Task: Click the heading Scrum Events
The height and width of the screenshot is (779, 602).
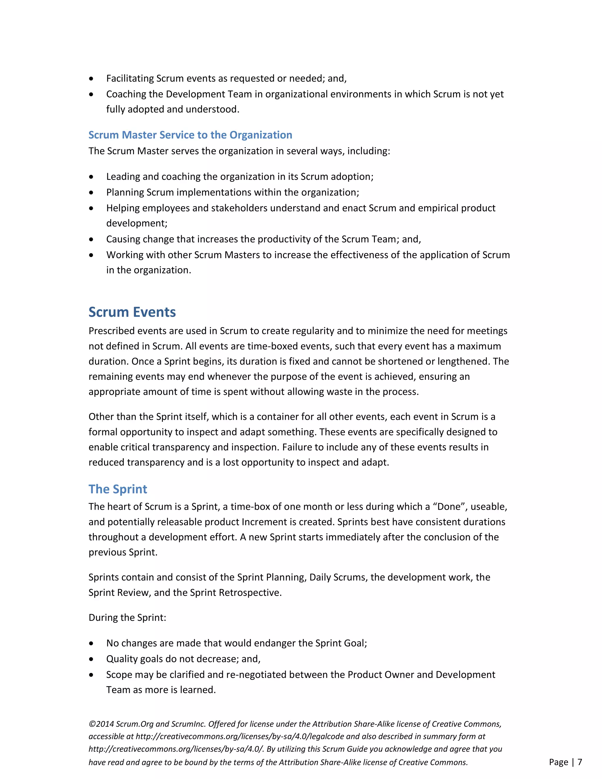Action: click(132, 312)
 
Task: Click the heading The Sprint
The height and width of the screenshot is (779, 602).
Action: click(118, 489)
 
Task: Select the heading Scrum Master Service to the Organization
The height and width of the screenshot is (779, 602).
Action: click(190, 135)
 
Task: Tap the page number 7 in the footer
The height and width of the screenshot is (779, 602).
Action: click(580, 762)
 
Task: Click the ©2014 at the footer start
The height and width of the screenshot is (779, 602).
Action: click(101, 724)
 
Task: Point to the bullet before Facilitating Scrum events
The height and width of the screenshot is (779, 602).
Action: click(91, 78)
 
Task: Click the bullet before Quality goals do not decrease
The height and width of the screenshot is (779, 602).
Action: click(91, 659)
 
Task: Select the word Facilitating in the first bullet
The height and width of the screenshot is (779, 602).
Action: click(130, 78)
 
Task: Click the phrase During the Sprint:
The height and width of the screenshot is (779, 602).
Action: click(127, 617)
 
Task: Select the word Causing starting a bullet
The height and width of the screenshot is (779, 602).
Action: click(123, 239)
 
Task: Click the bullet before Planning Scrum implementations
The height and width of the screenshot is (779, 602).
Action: click(91, 193)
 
